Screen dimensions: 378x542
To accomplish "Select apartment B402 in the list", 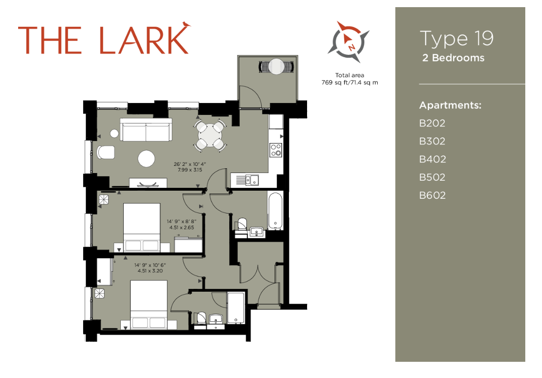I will pos(432,159).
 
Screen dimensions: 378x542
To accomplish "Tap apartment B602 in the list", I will pos(432,195).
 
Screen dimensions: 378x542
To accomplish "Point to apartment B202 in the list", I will pos(432,123).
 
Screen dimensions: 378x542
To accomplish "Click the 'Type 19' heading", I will pos(456,39).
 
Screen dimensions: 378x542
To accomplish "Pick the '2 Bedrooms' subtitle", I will pos(453,58).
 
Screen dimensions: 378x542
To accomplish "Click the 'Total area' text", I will pos(350,75).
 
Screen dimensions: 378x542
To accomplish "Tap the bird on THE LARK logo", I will pos(185,24).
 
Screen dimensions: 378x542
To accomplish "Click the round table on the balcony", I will pos(276,66).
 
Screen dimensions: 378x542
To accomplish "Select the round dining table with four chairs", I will pos(209,136).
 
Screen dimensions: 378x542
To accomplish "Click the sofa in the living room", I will pos(146,130).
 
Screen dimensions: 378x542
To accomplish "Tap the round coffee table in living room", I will pos(147,159).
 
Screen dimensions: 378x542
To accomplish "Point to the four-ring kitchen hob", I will pos(276,150).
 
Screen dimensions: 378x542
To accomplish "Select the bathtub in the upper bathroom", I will pos(276,211).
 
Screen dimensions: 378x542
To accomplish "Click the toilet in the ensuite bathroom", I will pos(201,317).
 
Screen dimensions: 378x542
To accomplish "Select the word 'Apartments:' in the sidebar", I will pos(450,105).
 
